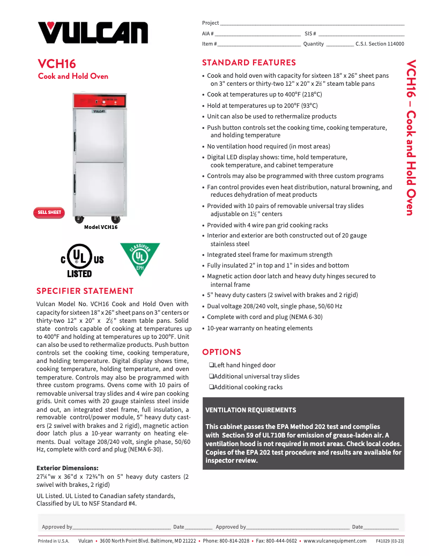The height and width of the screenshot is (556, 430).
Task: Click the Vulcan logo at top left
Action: [92, 32]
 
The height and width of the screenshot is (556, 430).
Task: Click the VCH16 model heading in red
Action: [57, 64]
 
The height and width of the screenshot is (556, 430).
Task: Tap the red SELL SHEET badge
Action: [49, 212]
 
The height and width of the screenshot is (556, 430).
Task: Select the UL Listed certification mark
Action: [82, 260]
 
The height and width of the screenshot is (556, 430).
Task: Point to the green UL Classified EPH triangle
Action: [140, 258]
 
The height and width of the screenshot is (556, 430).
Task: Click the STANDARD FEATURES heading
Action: [249, 63]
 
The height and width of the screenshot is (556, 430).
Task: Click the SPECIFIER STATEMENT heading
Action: [85, 291]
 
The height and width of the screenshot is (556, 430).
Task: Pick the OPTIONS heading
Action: [221, 352]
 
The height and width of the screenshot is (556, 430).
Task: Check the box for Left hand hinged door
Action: [211, 365]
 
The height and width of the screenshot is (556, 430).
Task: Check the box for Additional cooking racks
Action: [211, 387]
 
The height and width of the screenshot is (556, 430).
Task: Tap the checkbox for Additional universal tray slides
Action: [211, 376]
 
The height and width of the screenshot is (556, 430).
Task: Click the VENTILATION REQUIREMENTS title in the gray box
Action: [250, 410]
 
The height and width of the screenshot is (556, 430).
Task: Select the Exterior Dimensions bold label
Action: [67, 468]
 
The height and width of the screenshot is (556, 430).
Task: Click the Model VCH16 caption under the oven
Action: [100, 227]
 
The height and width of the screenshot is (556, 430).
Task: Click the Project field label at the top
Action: [210, 23]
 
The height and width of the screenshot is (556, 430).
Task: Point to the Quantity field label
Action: [313, 44]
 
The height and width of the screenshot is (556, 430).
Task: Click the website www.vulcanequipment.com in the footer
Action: [335, 541]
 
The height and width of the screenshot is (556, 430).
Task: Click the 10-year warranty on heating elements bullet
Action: [260, 328]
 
